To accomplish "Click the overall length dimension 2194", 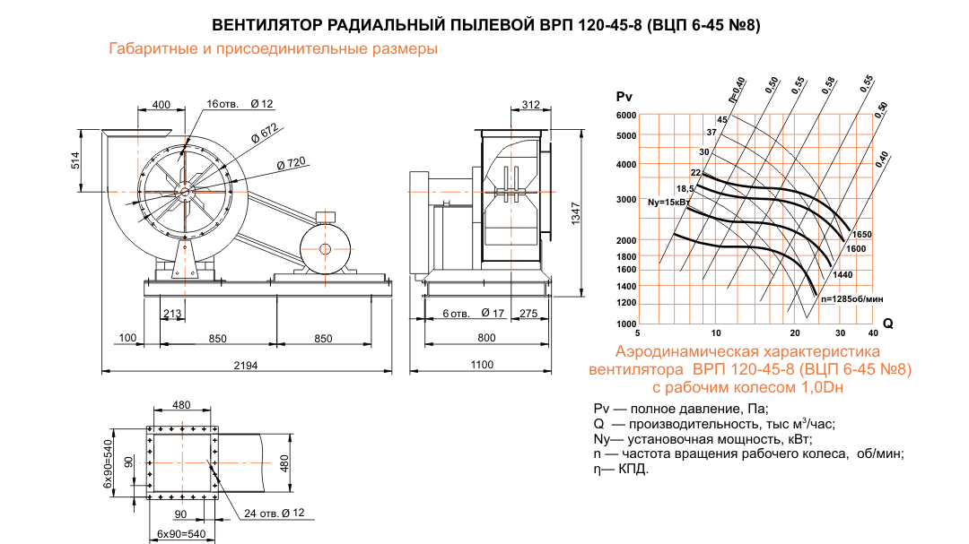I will tap(246, 364).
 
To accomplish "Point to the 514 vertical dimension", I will tap(75, 160).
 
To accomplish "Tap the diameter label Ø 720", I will tap(292, 163).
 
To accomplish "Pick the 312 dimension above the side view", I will tap(530, 105).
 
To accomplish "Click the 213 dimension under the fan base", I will tap(173, 313).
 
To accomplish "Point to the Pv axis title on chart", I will tap(625, 96).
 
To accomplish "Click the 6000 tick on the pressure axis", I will tap(625, 116).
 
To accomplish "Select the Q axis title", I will tap(887, 322).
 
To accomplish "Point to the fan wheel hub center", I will tap(185, 189).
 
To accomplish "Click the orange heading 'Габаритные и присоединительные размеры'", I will tap(273, 49).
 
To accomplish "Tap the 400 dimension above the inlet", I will tap(161, 105).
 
